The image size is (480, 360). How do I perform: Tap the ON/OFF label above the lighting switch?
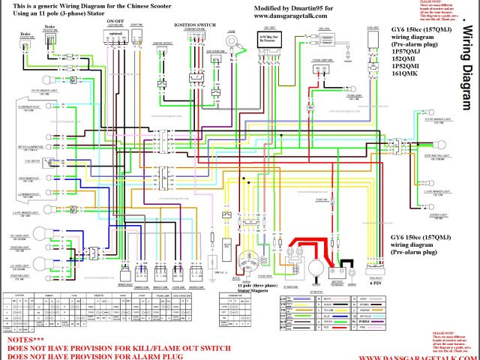[x=115, y=22]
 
